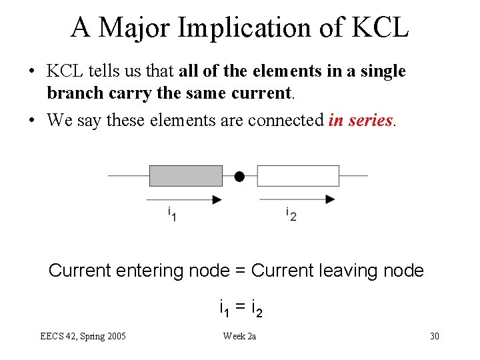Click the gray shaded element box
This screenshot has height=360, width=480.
[x=185, y=176]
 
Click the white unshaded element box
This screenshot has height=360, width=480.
[x=298, y=176]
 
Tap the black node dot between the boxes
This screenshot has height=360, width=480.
[x=239, y=176]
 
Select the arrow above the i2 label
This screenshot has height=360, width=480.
[x=297, y=199]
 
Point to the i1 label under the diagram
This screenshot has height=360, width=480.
[x=171, y=214]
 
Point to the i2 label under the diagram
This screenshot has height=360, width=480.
[x=291, y=214]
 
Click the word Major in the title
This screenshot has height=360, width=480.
[x=136, y=27]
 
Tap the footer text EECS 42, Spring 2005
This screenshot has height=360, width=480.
[x=83, y=336]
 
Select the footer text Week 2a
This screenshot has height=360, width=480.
[x=239, y=336]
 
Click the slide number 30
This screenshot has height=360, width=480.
[x=435, y=336]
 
